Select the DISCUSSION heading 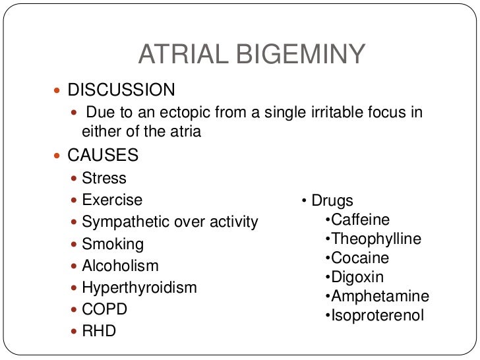pyautogui.click(x=122, y=90)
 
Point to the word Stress pyautogui.click(x=104, y=178)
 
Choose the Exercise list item pyautogui.click(x=112, y=200)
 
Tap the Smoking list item pyautogui.click(x=113, y=244)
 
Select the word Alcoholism pyautogui.click(x=121, y=266)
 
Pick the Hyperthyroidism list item pyautogui.click(x=139, y=287)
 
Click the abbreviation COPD pyautogui.click(x=105, y=309)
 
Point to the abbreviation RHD pyautogui.click(x=99, y=331)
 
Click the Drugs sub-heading pyautogui.click(x=332, y=200)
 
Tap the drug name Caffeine pyautogui.click(x=361, y=220)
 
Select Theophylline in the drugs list pyautogui.click(x=376, y=239)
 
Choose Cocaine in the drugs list pyautogui.click(x=360, y=258)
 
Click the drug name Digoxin pyautogui.click(x=357, y=277)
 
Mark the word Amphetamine pyautogui.click(x=380, y=296)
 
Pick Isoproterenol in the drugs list pyautogui.click(x=378, y=315)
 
